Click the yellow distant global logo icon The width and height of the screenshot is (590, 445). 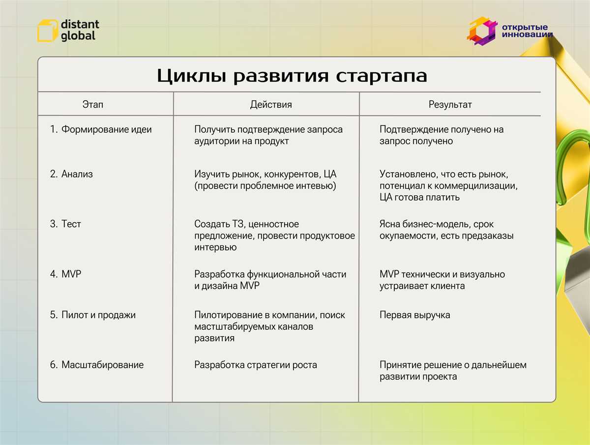click(x=47, y=30)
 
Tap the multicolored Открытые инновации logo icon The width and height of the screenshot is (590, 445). click(x=482, y=31)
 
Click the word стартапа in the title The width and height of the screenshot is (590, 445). click(x=381, y=76)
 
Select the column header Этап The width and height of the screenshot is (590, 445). click(x=93, y=104)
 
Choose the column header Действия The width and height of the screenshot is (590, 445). click(x=271, y=105)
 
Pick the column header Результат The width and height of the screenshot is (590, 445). click(x=450, y=105)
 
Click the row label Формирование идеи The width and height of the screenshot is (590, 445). click(x=106, y=129)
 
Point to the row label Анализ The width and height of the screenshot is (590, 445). click(x=77, y=174)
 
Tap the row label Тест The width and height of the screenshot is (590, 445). click(x=71, y=224)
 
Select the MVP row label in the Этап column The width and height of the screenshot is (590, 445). click(x=71, y=274)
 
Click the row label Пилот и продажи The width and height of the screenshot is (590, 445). click(x=98, y=315)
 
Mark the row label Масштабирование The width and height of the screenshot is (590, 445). click(x=102, y=365)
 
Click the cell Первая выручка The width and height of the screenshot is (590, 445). click(x=415, y=315)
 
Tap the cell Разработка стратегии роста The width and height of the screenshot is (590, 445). click(x=256, y=365)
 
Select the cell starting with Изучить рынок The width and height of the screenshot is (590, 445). click(x=265, y=180)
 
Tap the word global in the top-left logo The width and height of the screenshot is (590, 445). click(x=78, y=36)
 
